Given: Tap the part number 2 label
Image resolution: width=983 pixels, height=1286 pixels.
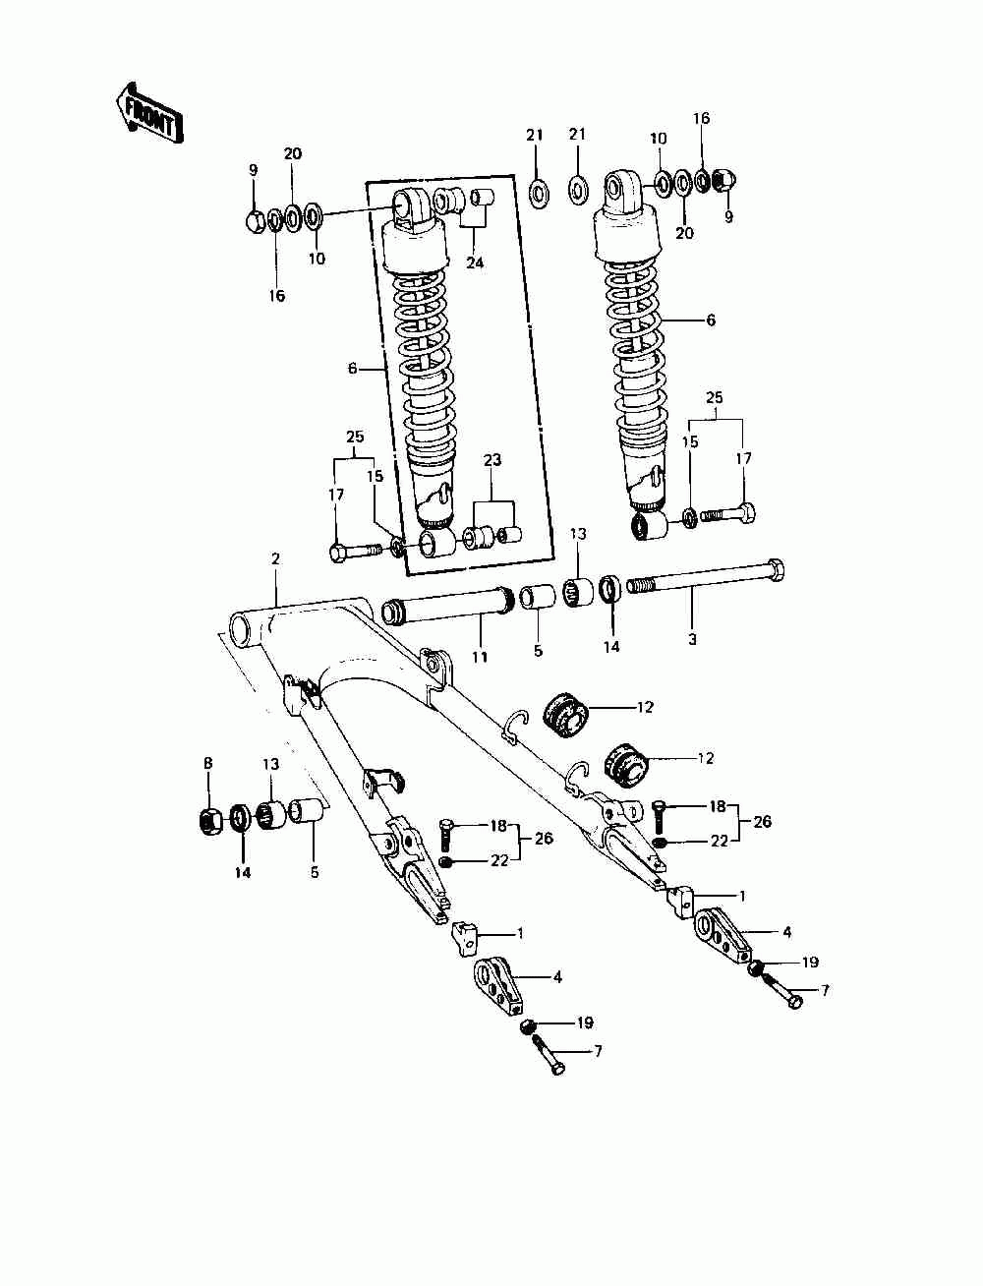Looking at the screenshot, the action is (276, 558).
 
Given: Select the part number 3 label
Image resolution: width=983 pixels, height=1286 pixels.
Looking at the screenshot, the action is (692, 639).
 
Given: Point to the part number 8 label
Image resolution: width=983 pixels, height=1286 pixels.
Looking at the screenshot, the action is (207, 763).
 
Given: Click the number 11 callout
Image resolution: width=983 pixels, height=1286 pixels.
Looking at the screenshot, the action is (479, 657).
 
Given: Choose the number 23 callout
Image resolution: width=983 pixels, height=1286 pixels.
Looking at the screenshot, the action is (492, 459).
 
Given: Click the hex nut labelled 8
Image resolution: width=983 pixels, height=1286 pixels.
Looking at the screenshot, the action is (209, 817).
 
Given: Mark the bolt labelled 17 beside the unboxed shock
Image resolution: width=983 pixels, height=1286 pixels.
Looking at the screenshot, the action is (728, 513).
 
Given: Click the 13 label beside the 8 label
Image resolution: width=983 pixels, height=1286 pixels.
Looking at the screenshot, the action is (270, 764).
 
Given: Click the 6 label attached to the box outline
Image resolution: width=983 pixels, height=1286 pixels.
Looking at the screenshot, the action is (352, 368).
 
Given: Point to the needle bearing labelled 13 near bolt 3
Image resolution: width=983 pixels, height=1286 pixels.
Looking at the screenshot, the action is (578, 594).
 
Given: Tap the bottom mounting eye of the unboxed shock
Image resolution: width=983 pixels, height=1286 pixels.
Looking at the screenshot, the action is (649, 527).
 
